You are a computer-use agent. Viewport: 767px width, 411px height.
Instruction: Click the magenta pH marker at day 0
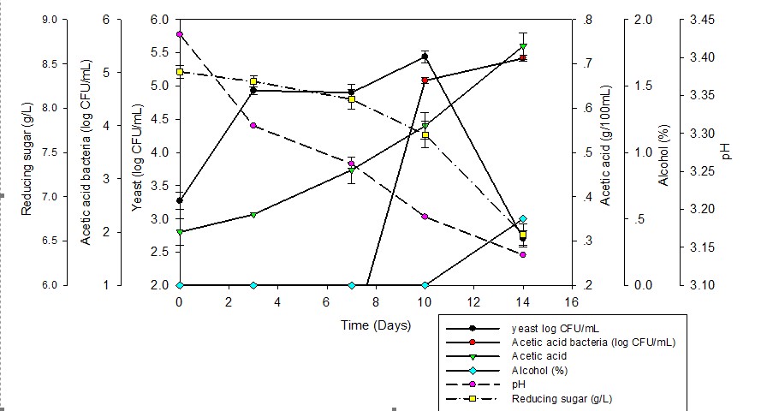point(179,34)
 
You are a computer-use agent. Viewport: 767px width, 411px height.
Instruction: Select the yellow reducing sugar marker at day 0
point(179,72)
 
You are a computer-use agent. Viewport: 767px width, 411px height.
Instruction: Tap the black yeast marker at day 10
point(425,57)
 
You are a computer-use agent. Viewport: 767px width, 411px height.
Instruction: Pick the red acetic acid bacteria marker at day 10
point(425,80)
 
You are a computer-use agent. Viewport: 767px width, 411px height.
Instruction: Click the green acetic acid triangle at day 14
point(523,46)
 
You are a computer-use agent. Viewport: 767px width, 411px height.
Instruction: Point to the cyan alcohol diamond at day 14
point(523,219)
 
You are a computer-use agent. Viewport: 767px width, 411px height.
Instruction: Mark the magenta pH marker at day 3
point(253,126)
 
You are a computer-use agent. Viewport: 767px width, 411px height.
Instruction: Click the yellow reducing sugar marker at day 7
point(351,100)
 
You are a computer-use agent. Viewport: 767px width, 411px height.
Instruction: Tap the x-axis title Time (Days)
point(376,325)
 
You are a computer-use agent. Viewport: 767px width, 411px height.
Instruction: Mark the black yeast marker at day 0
point(179,200)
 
